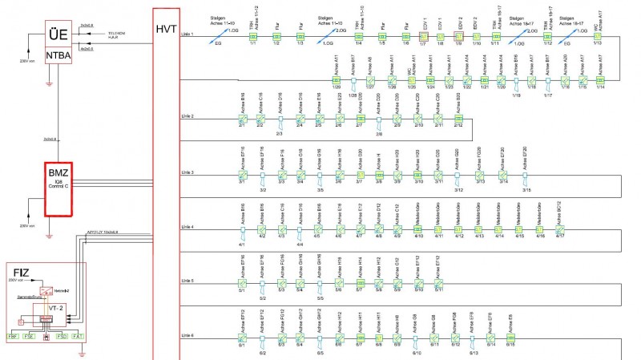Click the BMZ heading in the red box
(x=58, y=173)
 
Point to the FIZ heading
(x=20, y=272)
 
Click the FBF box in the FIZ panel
(x=14, y=335)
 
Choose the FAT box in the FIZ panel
(x=78, y=335)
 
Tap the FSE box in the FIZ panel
(x=30, y=335)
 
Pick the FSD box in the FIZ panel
(x=61, y=335)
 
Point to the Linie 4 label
(x=188, y=228)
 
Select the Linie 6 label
(x=188, y=333)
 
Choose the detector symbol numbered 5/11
(x=438, y=283)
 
